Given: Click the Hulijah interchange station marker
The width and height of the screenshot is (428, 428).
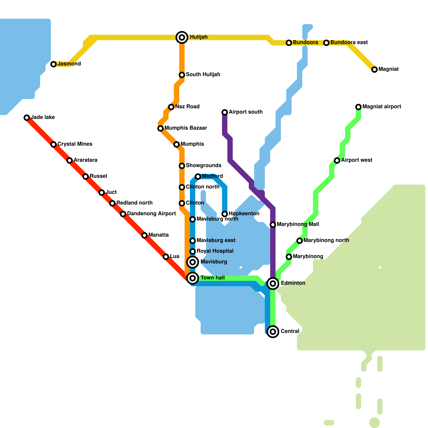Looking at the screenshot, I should pos(182,37).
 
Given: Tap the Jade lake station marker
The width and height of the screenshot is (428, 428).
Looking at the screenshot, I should pos(27,118).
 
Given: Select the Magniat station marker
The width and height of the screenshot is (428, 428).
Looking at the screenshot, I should pos(374,70).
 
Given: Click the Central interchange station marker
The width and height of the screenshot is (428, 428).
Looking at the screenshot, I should pos(273,332).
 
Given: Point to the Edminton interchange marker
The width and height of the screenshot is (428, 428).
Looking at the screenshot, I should pos(273,284).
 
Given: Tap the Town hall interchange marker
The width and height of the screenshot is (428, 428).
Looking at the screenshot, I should pos(193,278).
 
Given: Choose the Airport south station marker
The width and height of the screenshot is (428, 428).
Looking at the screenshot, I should pos(225,112).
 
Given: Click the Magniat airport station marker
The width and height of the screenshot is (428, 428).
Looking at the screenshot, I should pos(358,107).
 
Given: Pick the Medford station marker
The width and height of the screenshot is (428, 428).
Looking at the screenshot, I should pos(198,177).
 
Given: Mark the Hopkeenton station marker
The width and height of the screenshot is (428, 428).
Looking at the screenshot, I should pos(225,214).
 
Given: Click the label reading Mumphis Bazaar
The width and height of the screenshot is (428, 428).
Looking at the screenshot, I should pos(186,128).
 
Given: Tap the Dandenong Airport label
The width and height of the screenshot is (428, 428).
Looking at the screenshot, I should pos(151,214).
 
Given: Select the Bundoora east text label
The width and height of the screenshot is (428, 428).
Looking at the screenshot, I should pos(349,43).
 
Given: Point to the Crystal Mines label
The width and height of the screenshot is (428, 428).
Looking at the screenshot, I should pos(75,144).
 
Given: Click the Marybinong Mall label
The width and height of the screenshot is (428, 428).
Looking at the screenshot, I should pos(298,224).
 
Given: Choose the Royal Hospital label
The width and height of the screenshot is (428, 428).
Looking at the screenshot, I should pos(215,251).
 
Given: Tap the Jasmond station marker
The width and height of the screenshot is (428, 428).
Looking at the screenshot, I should pos(53,64).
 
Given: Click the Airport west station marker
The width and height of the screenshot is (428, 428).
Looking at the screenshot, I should pos(337,160).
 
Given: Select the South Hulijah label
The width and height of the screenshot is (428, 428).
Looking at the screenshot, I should pos(203,75).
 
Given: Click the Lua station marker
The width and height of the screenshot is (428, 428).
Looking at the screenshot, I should pos(166,257).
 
